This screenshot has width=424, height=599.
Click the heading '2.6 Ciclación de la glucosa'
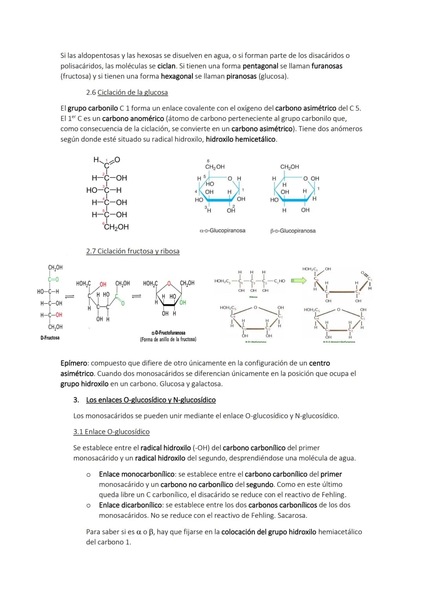[127, 93]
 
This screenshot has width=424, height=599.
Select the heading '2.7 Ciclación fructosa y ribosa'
[133, 251]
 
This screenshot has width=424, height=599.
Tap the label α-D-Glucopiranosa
[222, 231]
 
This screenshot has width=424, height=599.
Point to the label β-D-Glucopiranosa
[293, 231]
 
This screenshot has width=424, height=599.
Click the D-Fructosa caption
[50, 338]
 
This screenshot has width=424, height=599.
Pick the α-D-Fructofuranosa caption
[168, 333]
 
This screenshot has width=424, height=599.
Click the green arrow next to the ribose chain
[299, 280]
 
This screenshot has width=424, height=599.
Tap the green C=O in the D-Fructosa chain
[53, 279]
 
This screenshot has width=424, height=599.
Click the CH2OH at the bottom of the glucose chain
[116, 227]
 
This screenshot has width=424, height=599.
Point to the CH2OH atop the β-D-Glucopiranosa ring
[289, 167]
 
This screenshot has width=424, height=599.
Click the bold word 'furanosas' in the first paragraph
[327, 66]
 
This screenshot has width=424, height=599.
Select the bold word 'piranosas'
[241, 76]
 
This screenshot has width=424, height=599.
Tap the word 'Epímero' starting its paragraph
[75, 363]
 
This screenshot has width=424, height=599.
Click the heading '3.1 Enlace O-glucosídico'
[111, 432]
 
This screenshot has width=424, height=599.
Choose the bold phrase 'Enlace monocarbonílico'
[137, 474]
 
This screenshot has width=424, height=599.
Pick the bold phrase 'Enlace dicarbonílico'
[130, 505]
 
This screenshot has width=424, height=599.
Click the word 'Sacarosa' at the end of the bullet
[292, 515]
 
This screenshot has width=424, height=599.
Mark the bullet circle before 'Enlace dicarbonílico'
[88, 505]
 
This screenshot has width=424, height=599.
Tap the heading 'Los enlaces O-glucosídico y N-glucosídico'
[151, 400]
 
